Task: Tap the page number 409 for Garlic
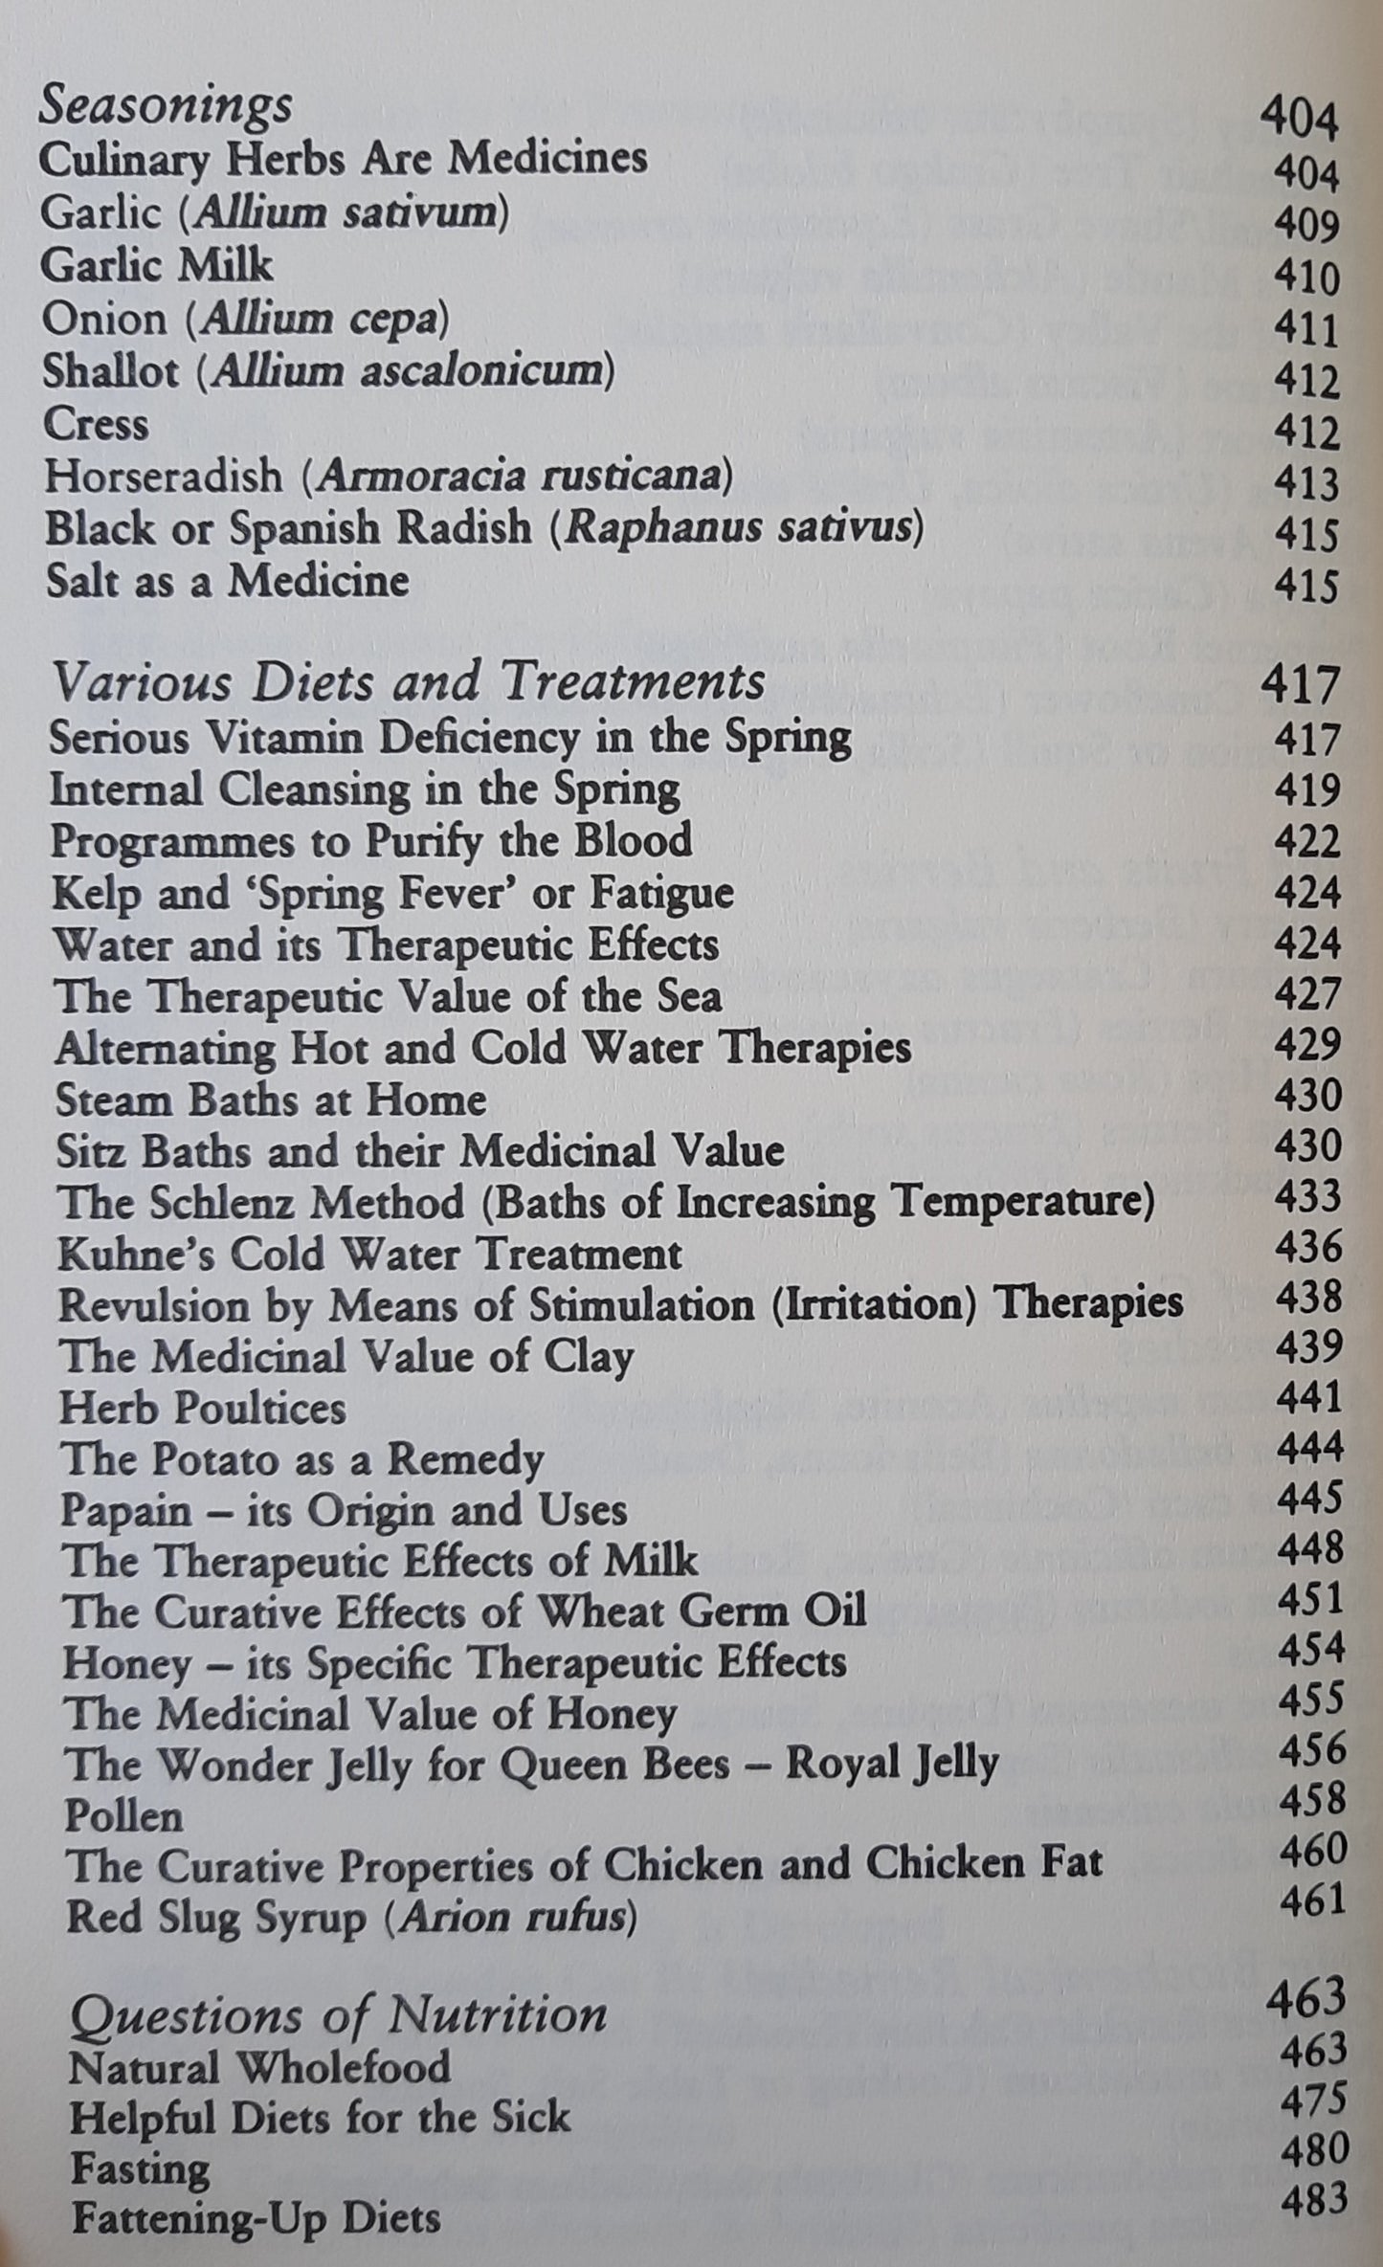1306,226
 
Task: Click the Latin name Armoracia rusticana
517,476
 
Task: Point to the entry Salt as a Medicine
227,581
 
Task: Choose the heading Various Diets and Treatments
408,683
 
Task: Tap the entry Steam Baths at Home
271,1100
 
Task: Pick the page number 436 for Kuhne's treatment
1309,1247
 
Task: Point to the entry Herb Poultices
202,1408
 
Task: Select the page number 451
1310,1599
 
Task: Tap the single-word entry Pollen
123,1815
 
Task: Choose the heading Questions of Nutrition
338,2014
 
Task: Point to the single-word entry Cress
96,425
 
